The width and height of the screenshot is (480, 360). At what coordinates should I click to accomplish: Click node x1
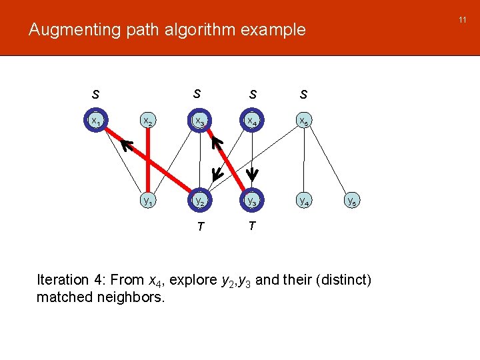pos(97,121)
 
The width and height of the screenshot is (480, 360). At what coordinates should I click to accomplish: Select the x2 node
pos(147,121)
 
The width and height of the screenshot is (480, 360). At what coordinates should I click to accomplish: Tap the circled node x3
pos(199,121)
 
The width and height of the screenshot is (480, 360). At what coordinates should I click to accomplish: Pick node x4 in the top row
pos(252,121)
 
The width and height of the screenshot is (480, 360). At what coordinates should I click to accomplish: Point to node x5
pos(303,121)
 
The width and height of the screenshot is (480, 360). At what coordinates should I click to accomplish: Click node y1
pos(147,200)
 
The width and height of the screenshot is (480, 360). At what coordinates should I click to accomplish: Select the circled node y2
pos(199,200)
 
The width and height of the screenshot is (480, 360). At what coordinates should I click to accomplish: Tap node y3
pos(252,200)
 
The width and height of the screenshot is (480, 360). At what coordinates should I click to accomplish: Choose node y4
pos(303,200)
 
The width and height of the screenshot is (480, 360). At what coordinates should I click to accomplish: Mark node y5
pos(354,200)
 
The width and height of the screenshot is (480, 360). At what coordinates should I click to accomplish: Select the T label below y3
pos(251,226)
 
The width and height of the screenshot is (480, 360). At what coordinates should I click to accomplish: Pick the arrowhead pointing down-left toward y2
pos(215,175)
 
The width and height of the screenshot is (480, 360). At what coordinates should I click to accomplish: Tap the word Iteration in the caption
pos(63,280)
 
